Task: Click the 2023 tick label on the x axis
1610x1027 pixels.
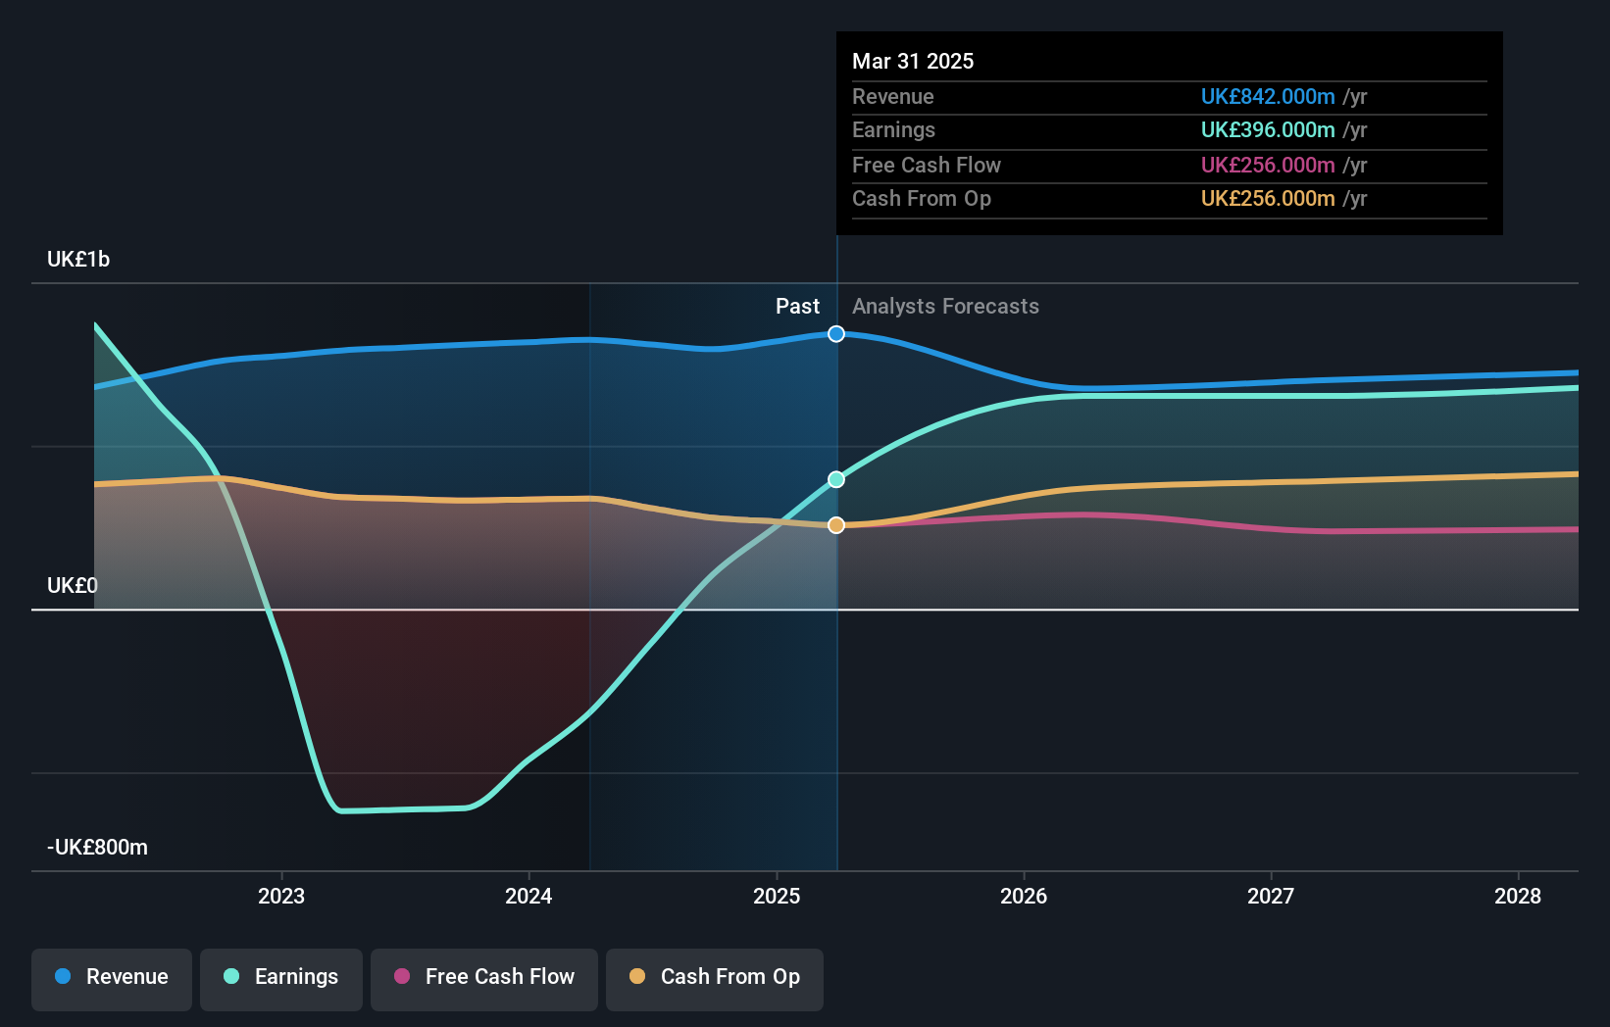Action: pyautogui.click(x=281, y=896)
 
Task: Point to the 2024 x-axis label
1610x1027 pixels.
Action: pyautogui.click(x=528, y=896)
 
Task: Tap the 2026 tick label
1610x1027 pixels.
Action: pyautogui.click(x=1024, y=896)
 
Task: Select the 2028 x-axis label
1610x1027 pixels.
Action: pyautogui.click(x=1517, y=896)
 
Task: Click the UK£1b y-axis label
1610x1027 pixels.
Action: pyautogui.click(x=78, y=260)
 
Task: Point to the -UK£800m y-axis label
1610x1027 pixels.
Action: pyautogui.click(x=98, y=847)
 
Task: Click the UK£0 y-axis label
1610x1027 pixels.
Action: pyautogui.click(x=73, y=585)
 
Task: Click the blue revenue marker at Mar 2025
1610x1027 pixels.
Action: pyautogui.click(x=836, y=334)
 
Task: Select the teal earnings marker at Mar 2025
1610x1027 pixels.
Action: pyautogui.click(x=836, y=479)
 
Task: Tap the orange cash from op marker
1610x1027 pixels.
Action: pyautogui.click(x=836, y=525)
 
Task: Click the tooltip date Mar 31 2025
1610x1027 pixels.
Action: pyautogui.click(x=913, y=61)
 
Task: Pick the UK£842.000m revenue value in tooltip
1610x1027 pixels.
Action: pyautogui.click(x=1268, y=96)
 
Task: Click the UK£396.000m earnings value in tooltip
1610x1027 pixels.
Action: pyautogui.click(x=1268, y=129)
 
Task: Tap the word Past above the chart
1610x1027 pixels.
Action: pyautogui.click(x=797, y=306)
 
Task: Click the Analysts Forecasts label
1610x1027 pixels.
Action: pyautogui.click(x=945, y=306)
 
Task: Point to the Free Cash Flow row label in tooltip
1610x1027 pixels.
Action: pyautogui.click(x=927, y=165)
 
